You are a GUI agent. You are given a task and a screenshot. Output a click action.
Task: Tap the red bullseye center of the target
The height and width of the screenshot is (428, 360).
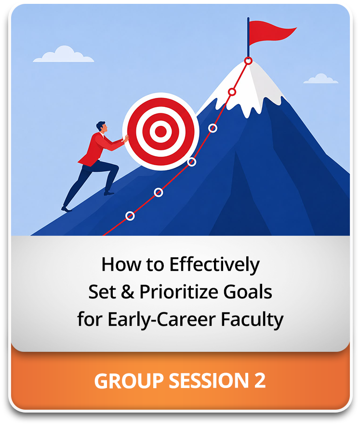[x=161, y=132]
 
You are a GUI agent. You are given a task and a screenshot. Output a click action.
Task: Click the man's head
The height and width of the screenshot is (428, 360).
[x=102, y=127]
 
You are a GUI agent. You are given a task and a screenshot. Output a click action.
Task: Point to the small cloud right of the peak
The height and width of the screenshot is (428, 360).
[x=321, y=79]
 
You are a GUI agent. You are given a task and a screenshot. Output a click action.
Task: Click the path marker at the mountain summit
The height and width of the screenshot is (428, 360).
[x=248, y=61]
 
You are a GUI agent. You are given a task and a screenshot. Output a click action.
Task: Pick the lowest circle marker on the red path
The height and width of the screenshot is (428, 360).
[x=130, y=216]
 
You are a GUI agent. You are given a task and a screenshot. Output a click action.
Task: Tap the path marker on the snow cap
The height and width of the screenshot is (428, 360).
[x=232, y=92]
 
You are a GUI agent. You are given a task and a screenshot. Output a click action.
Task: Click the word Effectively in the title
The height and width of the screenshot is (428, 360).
[x=214, y=265]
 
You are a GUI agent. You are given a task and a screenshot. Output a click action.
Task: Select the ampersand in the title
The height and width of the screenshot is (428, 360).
[x=127, y=292]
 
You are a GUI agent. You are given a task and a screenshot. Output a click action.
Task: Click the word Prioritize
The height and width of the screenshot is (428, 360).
[x=179, y=292]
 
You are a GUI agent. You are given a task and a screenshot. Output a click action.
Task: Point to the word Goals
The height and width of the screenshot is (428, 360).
[x=248, y=292]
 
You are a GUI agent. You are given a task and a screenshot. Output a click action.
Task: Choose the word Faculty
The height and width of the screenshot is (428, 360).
[x=252, y=320]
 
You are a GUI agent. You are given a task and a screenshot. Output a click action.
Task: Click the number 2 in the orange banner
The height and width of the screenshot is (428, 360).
[x=260, y=380]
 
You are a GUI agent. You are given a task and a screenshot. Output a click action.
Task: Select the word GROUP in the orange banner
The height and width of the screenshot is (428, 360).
[x=129, y=380]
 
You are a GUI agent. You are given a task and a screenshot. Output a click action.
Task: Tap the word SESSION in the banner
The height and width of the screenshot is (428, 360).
[x=209, y=380]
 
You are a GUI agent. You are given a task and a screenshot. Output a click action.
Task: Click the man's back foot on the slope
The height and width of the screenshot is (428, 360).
[x=66, y=209]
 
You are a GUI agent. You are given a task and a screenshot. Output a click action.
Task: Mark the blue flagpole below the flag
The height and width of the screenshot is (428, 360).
[x=248, y=38]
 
